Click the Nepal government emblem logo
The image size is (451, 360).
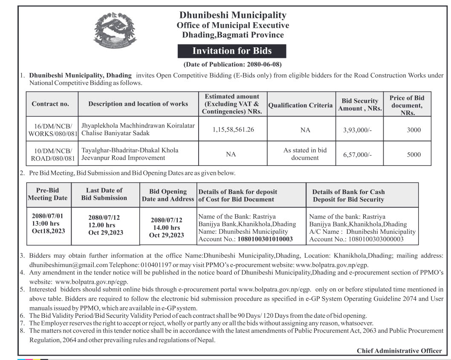113,29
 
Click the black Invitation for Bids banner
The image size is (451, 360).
232,51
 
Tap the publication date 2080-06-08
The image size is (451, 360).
264,65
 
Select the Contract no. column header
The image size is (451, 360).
50,104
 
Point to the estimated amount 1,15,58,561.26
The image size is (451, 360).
233,129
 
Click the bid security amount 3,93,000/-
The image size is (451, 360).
357,130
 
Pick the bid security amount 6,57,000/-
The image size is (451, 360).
357,155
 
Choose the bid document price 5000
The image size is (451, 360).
413,155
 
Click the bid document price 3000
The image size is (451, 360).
413,130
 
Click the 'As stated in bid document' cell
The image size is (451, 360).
305,154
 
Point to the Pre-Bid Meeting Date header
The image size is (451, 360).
48,194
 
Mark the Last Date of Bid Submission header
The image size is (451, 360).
104,194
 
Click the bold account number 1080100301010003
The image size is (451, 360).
265,239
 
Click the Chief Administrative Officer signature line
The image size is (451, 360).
399,351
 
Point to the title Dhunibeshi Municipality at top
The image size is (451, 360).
233,16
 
